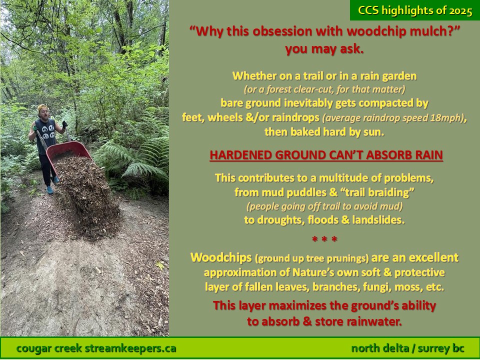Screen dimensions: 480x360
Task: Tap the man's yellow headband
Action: (43, 107)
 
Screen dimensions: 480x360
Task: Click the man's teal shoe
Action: (50, 190)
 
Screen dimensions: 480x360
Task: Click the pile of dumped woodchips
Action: (89, 196)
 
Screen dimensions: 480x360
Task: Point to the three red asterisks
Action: (324, 239)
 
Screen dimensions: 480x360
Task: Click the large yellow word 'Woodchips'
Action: (221, 257)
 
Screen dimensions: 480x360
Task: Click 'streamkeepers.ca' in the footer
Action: (130, 348)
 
